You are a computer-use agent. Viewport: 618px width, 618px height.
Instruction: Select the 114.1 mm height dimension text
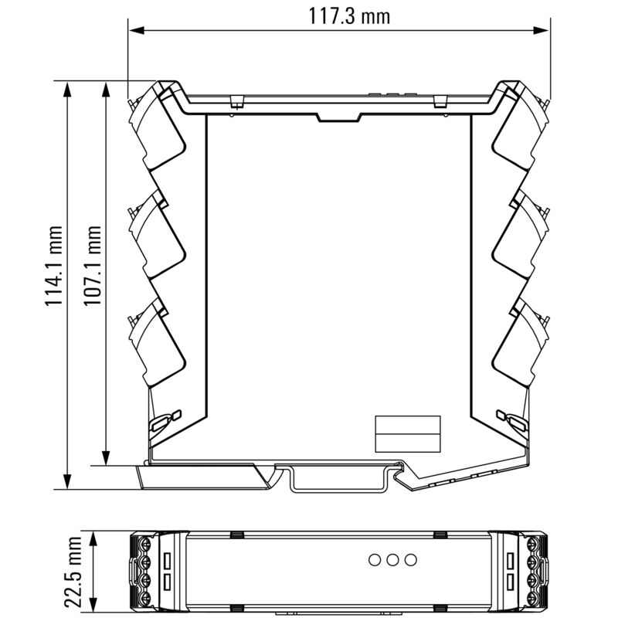pos(53,267)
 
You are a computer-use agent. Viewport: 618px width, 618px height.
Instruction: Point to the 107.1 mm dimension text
pos(93,267)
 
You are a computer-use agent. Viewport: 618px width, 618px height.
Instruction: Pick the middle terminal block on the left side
pos(158,236)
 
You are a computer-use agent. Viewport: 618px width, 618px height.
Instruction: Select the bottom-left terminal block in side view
pos(158,344)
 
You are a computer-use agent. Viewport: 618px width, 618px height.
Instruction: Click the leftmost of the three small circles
pos(375,559)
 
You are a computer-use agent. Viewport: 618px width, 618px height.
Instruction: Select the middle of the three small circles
pos(393,559)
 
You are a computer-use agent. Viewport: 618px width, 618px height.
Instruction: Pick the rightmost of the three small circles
pos(411,559)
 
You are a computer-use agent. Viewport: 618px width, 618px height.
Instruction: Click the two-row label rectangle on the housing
pos(407,433)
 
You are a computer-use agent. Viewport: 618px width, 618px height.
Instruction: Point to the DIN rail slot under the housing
pos(340,479)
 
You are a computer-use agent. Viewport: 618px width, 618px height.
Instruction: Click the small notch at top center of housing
pos(338,117)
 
